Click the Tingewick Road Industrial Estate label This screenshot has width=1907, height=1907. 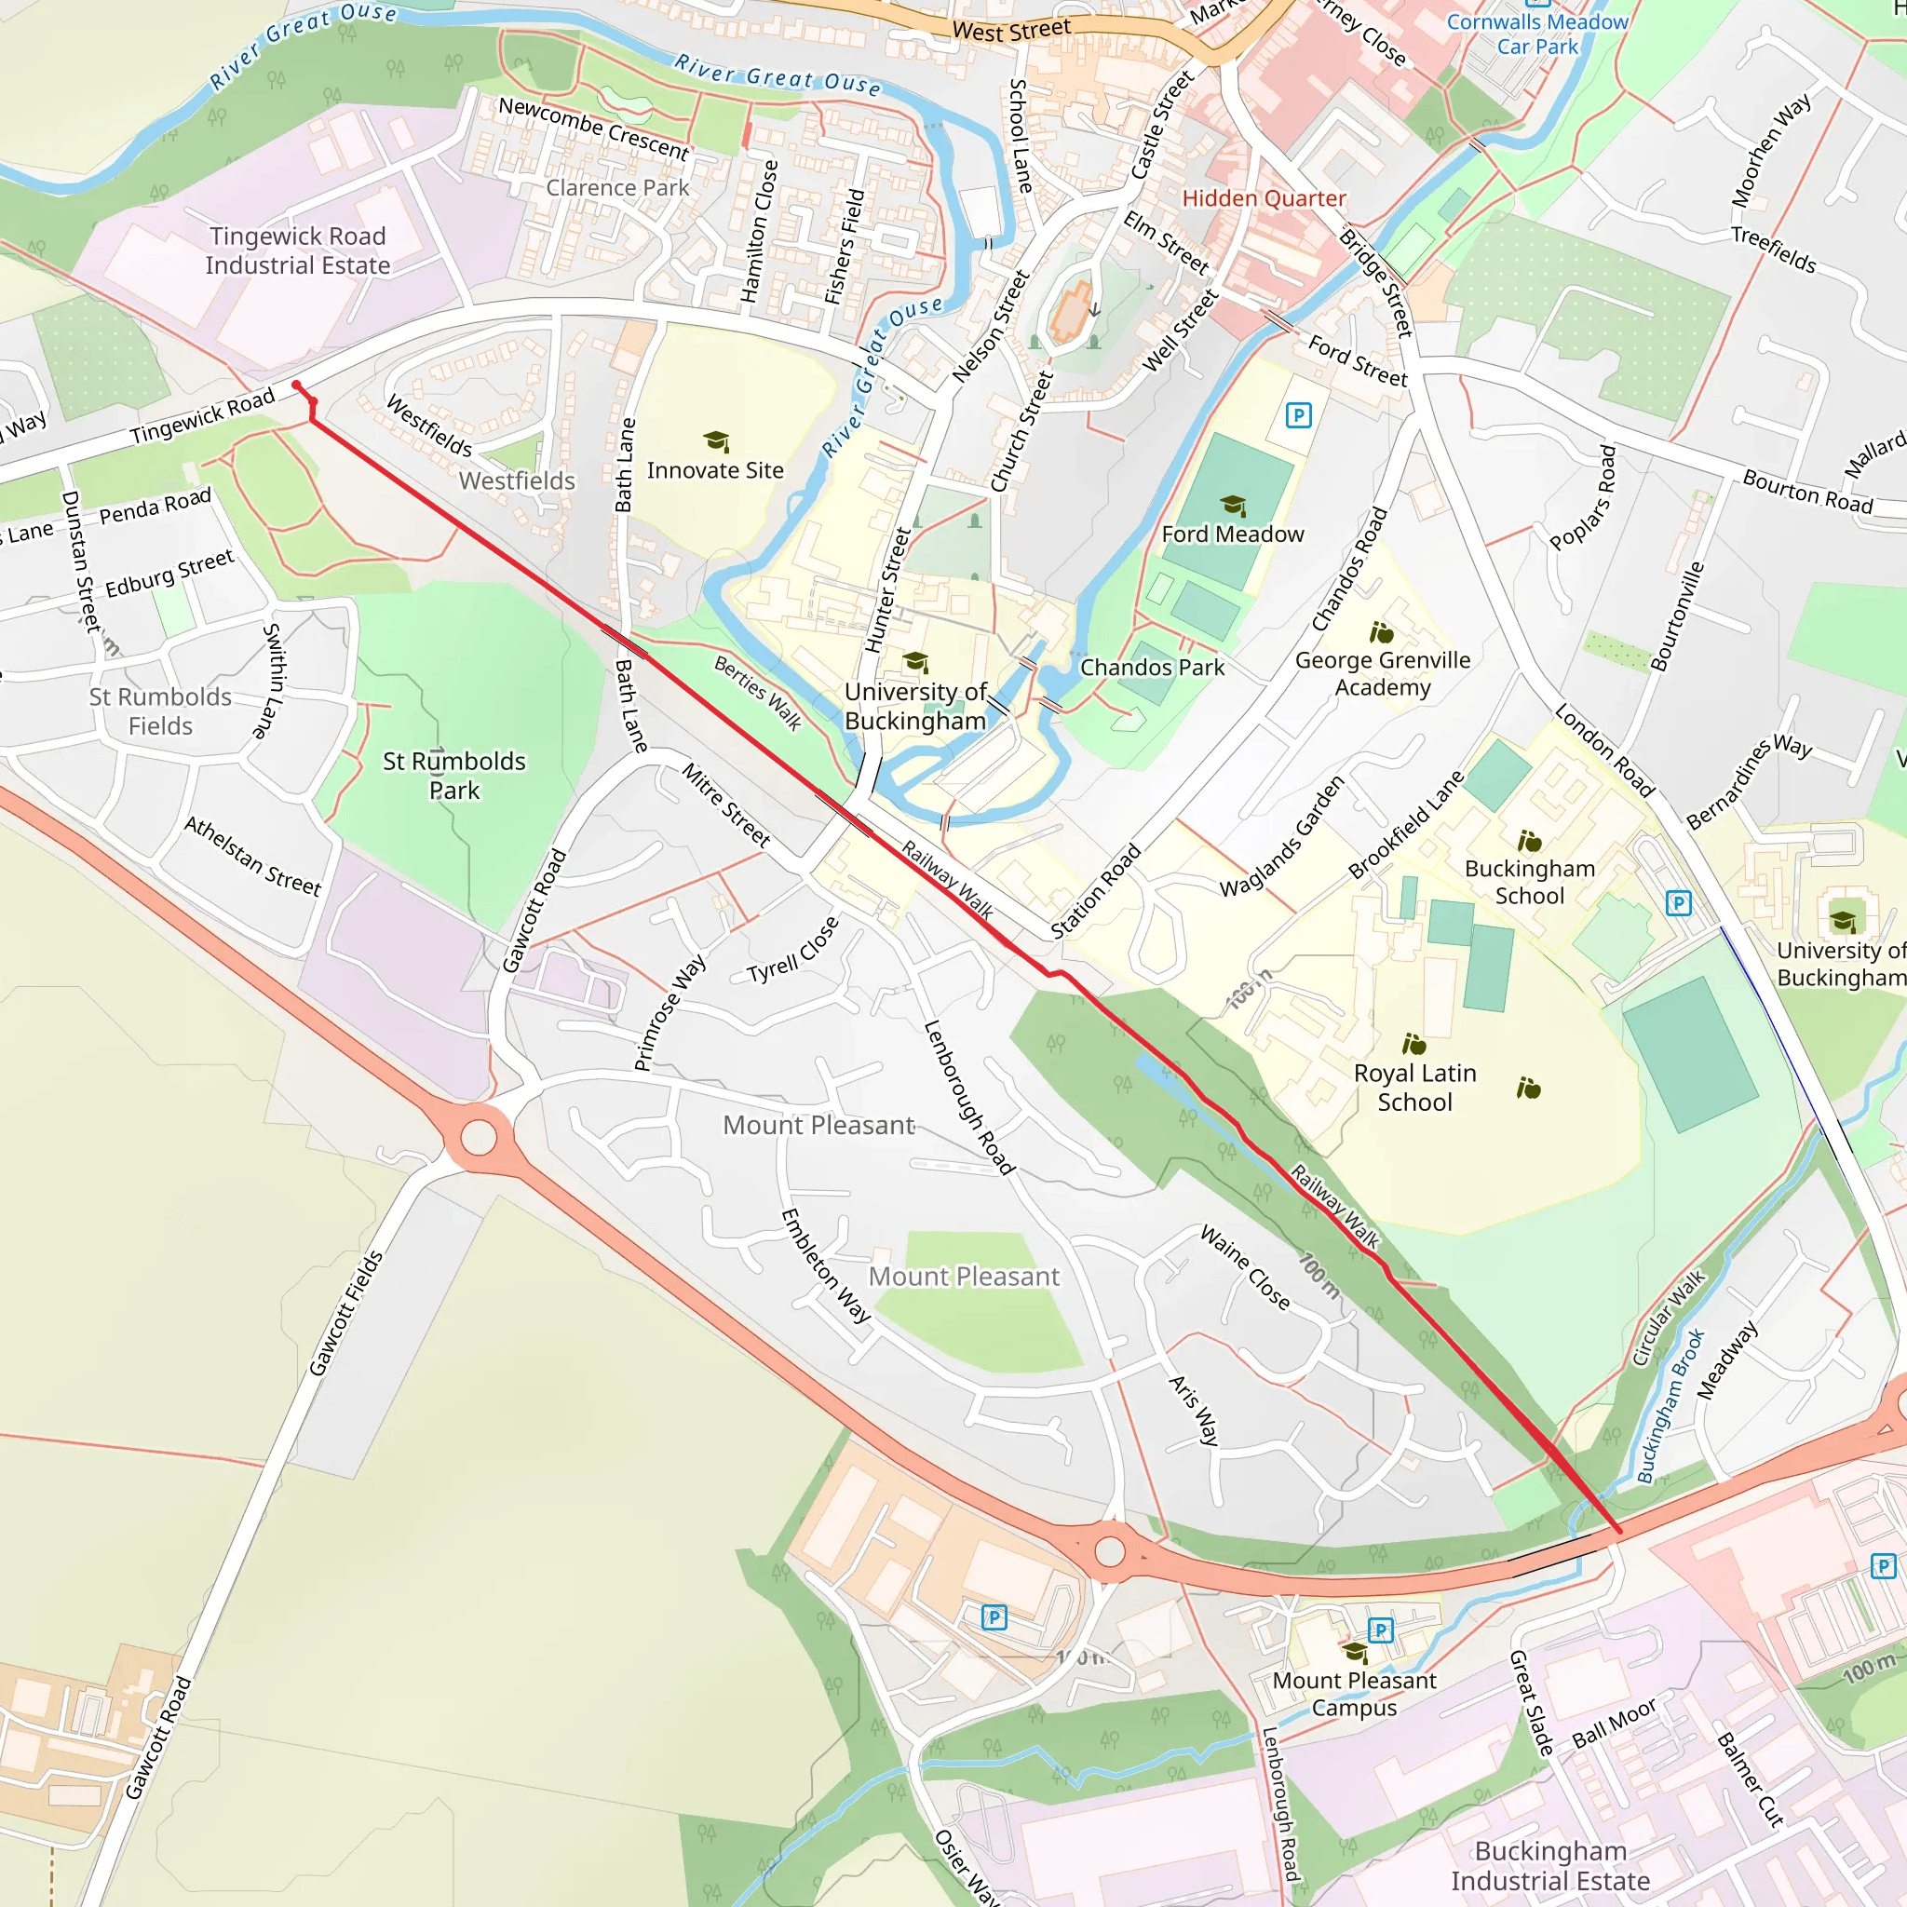point(297,250)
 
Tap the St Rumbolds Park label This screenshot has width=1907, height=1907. point(454,775)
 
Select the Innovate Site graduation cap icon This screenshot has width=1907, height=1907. point(717,441)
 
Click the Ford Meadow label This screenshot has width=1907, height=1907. point(1232,534)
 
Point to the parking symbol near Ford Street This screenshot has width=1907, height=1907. point(1299,415)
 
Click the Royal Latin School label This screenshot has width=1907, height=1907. point(1414,1087)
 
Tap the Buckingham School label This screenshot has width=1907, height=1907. point(1529,882)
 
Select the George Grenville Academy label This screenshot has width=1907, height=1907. point(1382,673)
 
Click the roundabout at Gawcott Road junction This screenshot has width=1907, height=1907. point(479,1137)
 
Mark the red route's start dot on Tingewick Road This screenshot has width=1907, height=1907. point(296,385)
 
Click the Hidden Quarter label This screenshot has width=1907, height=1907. point(1264,198)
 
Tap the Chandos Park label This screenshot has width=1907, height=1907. point(1152,668)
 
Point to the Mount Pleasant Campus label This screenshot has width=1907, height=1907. point(1354,1693)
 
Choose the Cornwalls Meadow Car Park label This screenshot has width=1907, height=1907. point(1536,34)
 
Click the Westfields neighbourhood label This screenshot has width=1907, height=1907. point(516,480)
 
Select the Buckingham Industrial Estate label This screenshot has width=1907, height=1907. point(1549,1865)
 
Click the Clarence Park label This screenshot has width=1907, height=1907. point(618,187)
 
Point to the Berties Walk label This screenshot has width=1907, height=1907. point(758,692)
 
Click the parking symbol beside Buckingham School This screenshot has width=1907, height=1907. point(1678,902)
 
